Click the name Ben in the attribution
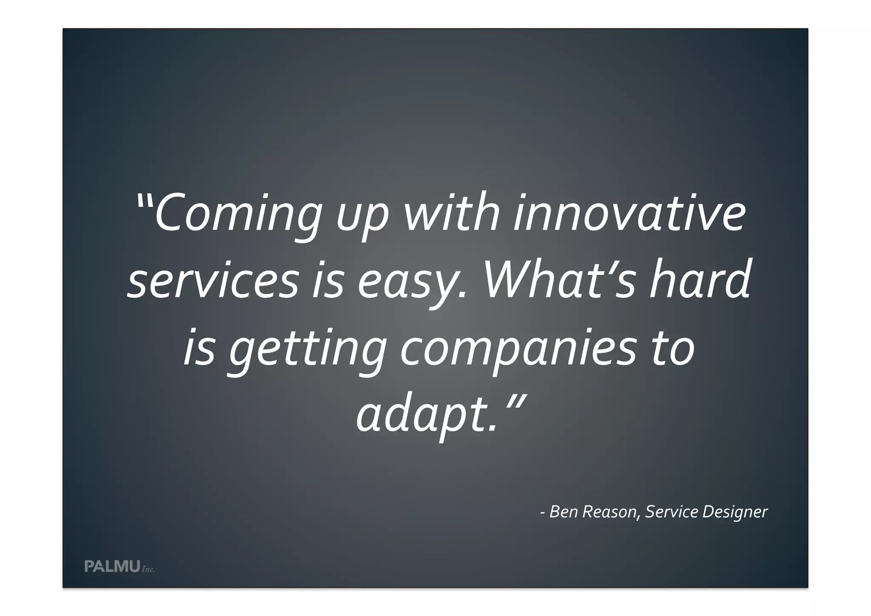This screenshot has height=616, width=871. point(564,512)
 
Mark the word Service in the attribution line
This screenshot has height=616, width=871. point(672,512)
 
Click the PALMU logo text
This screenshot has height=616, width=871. point(112,566)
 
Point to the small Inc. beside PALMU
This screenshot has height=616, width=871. point(148,569)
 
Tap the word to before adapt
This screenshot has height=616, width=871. point(674,349)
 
